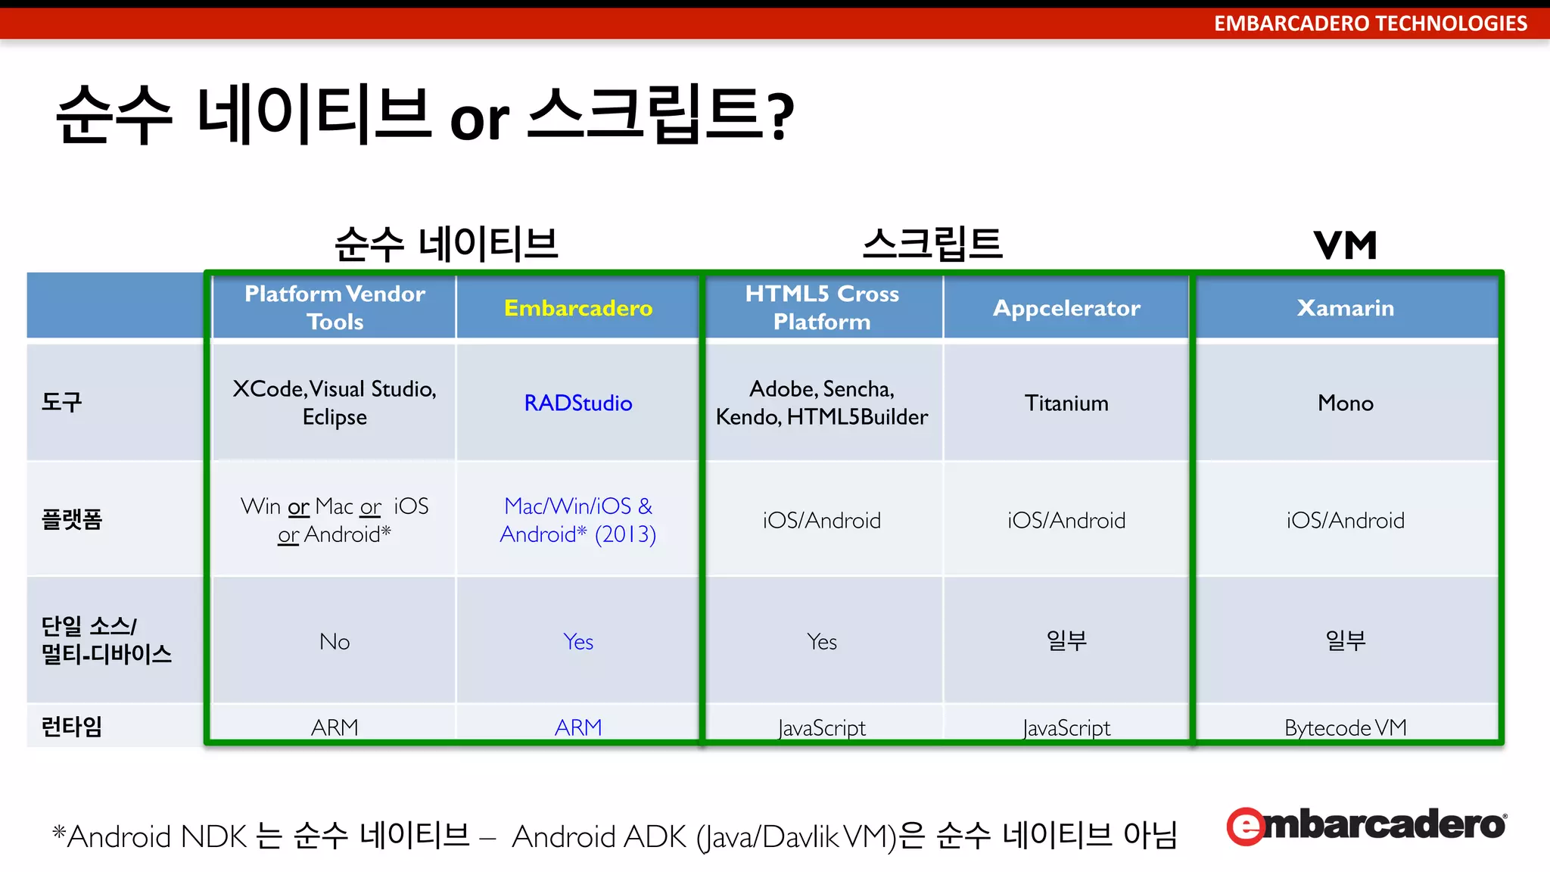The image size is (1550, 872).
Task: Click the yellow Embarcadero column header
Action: point(577,308)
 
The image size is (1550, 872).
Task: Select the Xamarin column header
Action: point(1345,308)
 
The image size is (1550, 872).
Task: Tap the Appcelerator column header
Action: point(1066,308)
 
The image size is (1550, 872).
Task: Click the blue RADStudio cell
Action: point(577,403)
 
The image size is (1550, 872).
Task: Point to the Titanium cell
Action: point(1066,403)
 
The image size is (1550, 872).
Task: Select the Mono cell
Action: point(1345,403)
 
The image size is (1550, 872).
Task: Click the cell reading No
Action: point(335,642)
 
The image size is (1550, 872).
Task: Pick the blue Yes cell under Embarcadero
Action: point(577,642)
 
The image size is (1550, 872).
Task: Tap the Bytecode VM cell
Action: point(1345,727)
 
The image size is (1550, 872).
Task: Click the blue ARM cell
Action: point(577,727)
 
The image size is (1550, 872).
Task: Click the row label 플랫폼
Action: point(72,519)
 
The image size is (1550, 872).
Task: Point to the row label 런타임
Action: point(72,727)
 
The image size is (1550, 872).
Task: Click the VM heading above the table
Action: point(1345,245)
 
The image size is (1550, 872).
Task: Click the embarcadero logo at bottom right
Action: point(1366,825)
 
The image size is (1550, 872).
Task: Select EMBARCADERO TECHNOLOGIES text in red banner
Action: point(1370,23)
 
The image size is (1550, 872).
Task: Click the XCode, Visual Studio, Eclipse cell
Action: point(335,403)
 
